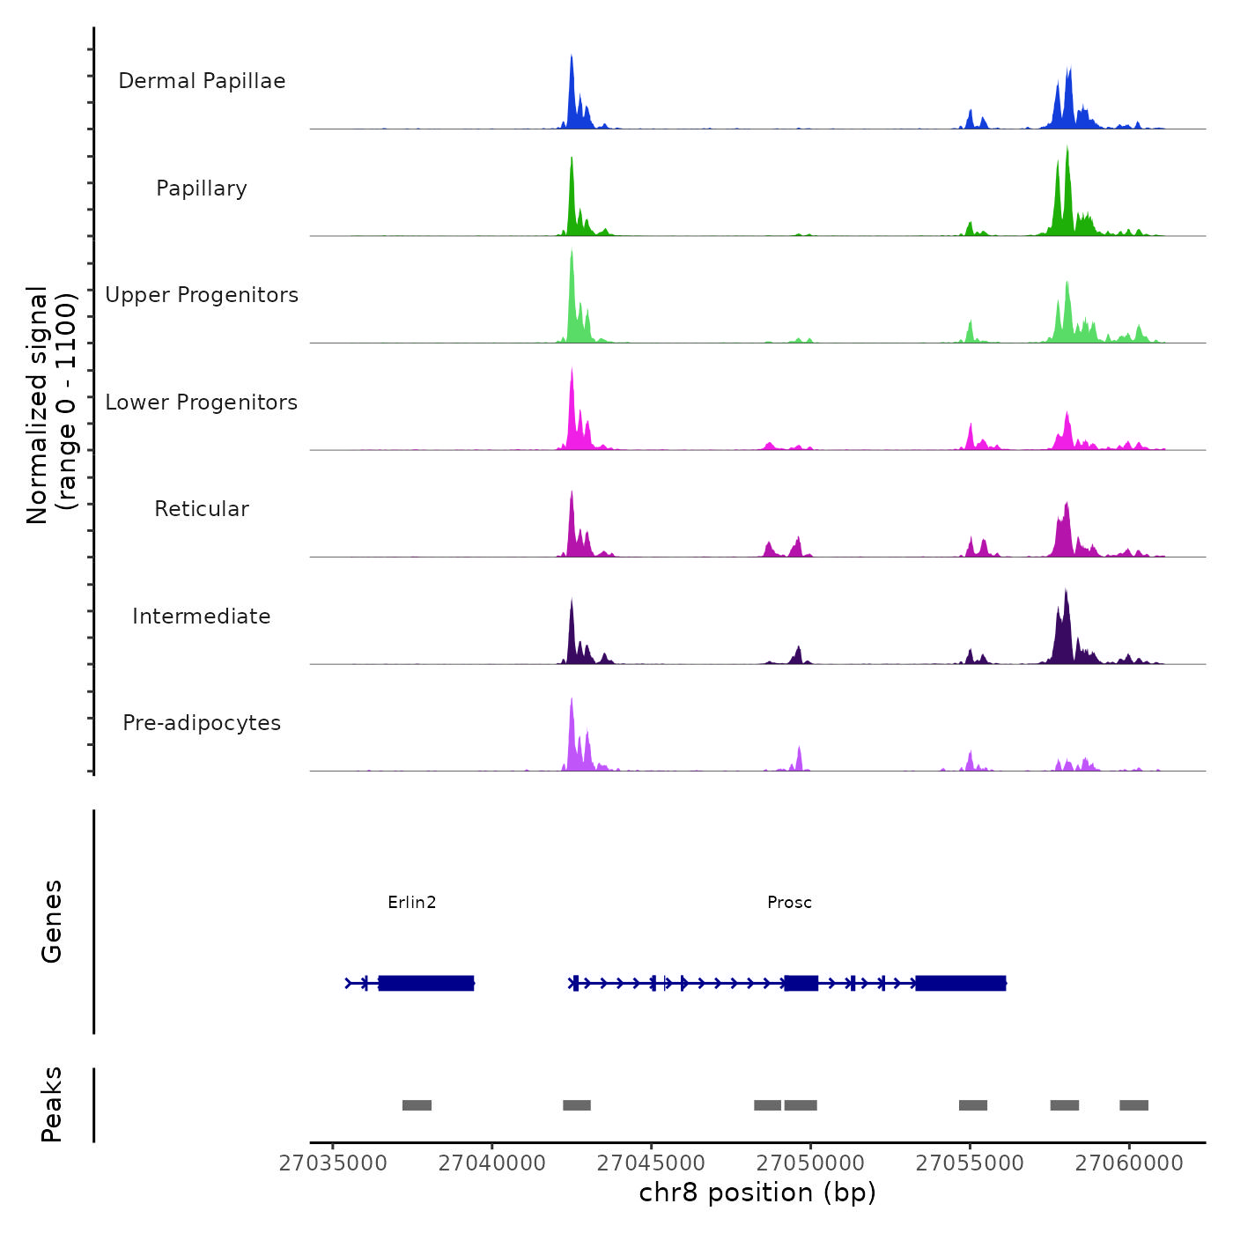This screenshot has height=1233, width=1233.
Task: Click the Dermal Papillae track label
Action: coord(202,81)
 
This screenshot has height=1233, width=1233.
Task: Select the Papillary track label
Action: coord(202,188)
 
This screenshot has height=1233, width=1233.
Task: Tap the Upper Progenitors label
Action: coord(202,295)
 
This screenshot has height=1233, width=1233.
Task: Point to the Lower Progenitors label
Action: coord(202,402)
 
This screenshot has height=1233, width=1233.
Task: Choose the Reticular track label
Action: coord(202,509)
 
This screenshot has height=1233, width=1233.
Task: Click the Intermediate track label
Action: coord(202,616)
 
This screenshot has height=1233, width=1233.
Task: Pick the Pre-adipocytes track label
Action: coord(202,723)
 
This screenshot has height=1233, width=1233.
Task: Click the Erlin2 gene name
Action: coord(412,902)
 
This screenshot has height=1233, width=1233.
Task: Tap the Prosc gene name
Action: coord(789,902)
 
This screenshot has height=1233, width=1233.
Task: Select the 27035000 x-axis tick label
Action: coord(333,1163)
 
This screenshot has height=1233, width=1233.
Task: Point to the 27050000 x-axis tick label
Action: coord(811,1163)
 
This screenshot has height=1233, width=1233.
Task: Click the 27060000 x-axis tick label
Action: coord(1129,1163)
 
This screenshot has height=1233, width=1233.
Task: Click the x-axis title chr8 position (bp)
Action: coord(757,1192)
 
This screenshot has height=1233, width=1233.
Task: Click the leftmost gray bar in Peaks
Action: coord(417,1105)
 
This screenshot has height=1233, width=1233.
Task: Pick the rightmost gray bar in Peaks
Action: coord(1133,1105)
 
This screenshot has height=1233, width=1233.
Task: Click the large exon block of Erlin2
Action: coord(426,983)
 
